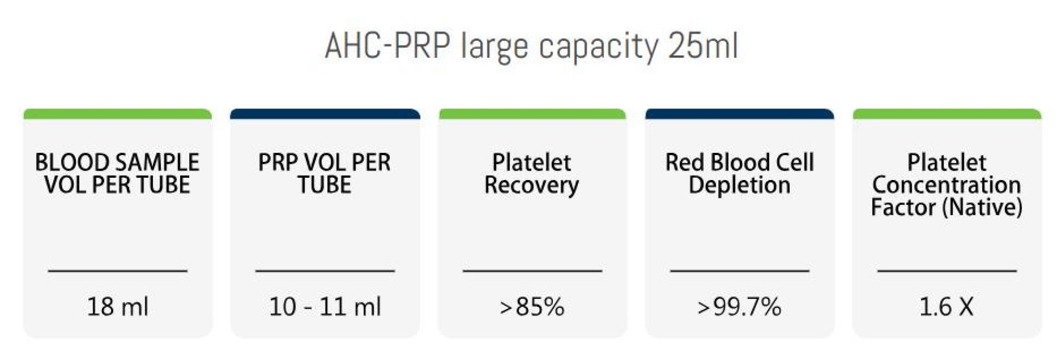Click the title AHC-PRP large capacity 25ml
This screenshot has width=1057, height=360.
pyautogui.click(x=531, y=46)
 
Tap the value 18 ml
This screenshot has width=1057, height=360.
pyautogui.click(x=118, y=307)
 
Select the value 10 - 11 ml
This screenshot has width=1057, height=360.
pyautogui.click(x=325, y=307)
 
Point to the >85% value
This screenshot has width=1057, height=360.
pyautogui.click(x=532, y=307)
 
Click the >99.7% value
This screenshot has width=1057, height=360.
pyautogui.click(x=739, y=307)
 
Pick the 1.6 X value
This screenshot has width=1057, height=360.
pyautogui.click(x=946, y=307)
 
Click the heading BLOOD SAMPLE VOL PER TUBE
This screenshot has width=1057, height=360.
pyautogui.click(x=118, y=173)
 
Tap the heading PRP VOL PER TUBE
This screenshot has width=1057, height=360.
pyautogui.click(x=325, y=173)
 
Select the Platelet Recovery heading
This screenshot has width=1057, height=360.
pyautogui.click(x=532, y=173)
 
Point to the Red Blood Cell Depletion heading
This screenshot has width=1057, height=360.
pyautogui.click(x=739, y=173)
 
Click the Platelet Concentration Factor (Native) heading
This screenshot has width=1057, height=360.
pyautogui.click(x=946, y=185)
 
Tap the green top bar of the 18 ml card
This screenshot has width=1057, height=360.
pyautogui.click(x=118, y=114)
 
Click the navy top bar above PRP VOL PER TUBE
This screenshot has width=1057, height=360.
pyautogui.click(x=325, y=114)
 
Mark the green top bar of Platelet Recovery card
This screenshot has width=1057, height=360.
pyautogui.click(x=532, y=114)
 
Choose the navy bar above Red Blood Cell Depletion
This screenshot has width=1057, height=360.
pyautogui.click(x=739, y=114)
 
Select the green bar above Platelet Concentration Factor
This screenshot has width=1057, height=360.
pyautogui.click(x=947, y=114)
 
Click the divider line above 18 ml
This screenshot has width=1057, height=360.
pyautogui.click(x=118, y=270)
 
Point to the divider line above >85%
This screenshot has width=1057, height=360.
pyautogui.click(x=532, y=270)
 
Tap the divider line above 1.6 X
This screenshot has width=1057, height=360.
pyautogui.click(x=947, y=270)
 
